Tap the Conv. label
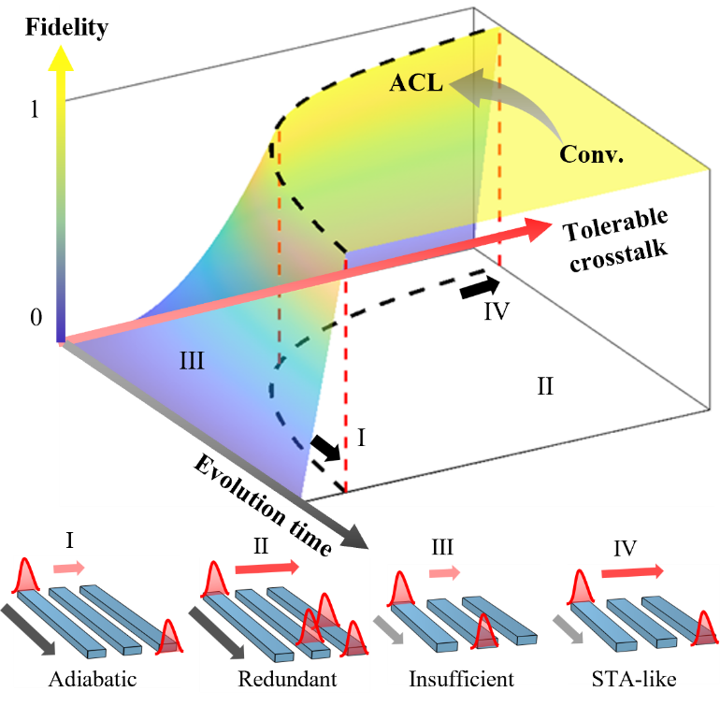(593, 152)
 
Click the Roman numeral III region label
(192, 360)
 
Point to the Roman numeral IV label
(496, 310)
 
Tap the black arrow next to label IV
(480, 289)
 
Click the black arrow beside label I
(324, 447)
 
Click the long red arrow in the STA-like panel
(632, 570)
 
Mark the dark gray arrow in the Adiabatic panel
(29, 630)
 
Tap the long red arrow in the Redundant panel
(266, 567)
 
